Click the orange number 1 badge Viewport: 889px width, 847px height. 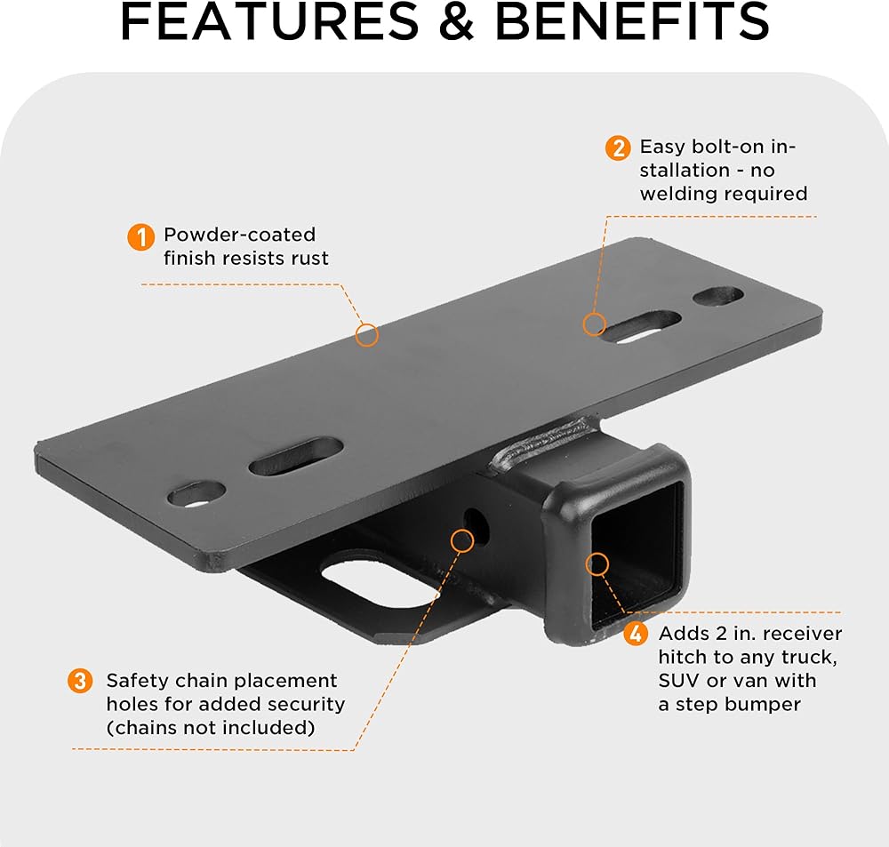(140, 236)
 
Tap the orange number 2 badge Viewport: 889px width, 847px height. (618, 148)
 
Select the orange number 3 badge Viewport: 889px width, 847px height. (80, 682)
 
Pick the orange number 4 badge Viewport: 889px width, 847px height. (635, 634)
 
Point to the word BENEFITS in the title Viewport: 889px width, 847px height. (632, 24)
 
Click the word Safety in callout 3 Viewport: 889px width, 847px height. (135, 681)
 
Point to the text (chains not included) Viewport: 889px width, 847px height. (211, 727)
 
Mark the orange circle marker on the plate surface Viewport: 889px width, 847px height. (367, 335)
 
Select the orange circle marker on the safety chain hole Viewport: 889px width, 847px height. (462, 539)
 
